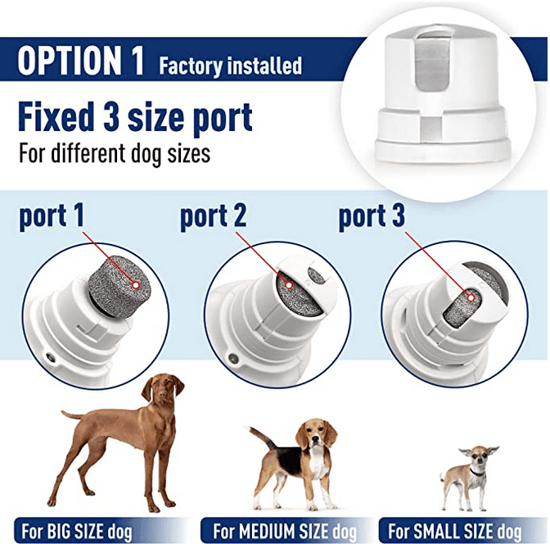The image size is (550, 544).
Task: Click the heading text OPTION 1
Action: [x=80, y=61]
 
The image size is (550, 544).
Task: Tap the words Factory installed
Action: [x=230, y=65]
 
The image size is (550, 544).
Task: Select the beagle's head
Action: [x=316, y=434]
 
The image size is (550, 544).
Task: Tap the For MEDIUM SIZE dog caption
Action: [x=279, y=530]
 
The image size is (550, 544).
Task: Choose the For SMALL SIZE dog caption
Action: [x=455, y=530]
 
